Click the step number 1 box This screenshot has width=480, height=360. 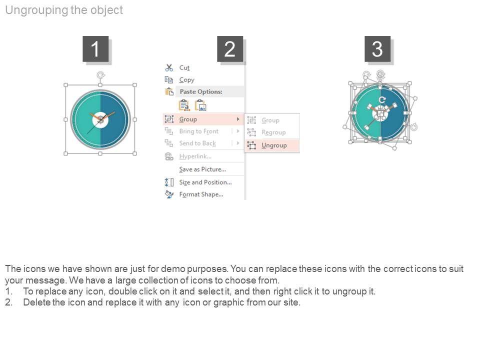pyautogui.click(x=95, y=49)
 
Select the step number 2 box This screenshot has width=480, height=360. pyautogui.click(x=230, y=49)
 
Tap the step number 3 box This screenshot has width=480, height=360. pyautogui.click(x=377, y=49)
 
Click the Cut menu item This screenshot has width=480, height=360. pyautogui.click(x=184, y=67)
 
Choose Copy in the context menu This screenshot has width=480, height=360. pyautogui.click(x=186, y=80)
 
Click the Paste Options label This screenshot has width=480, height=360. pyautogui.click(x=201, y=91)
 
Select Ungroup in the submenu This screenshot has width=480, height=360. pyautogui.click(x=274, y=145)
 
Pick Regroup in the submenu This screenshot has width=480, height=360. pyautogui.click(x=273, y=132)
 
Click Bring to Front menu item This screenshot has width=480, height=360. pyautogui.click(x=198, y=131)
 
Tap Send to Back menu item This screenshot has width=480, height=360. pyautogui.click(x=197, y=143)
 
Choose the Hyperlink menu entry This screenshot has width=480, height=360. pyautogui.click(x=195, y=156)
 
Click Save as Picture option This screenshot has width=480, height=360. pyautogui.click(x=202, y=169)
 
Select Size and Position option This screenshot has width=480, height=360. pyautogui.click(x=205, y=182)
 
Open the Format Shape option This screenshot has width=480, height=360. pyautogui.click(x=201, y=194)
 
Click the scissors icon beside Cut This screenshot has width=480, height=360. pyautogui.click(x=169, y=67)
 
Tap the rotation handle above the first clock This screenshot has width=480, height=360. pyautogui.click(x=100, y=75)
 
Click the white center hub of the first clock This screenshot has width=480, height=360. pyautogui.click(x=100, y=119)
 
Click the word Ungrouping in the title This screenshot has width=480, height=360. pyautogui.click(x=36, y=10)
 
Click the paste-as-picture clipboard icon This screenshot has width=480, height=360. pyautogui.click(x=201, y=105)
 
